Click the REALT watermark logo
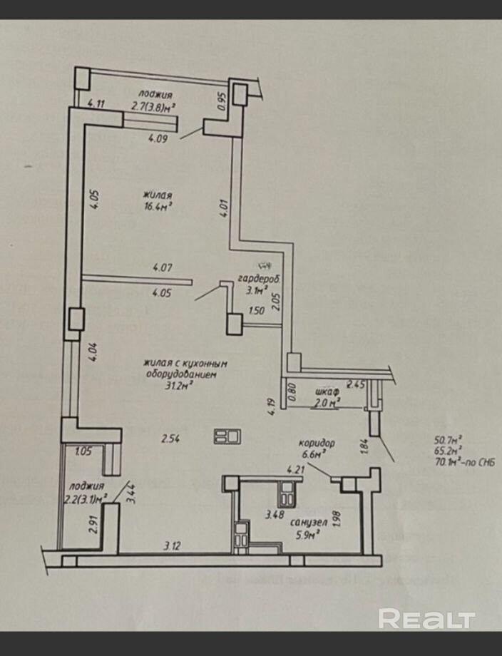click(x=426, y=618)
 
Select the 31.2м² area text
click(x=180, y=385)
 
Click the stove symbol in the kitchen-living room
click(x=228, y=436)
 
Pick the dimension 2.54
click(x=170, y=439)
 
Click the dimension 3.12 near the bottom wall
click(x=172, y=546)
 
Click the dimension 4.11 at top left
click(x=96, y=103)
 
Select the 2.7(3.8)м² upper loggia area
click(x=153, y=108)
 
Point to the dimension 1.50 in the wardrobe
click(x=257, y=310)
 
